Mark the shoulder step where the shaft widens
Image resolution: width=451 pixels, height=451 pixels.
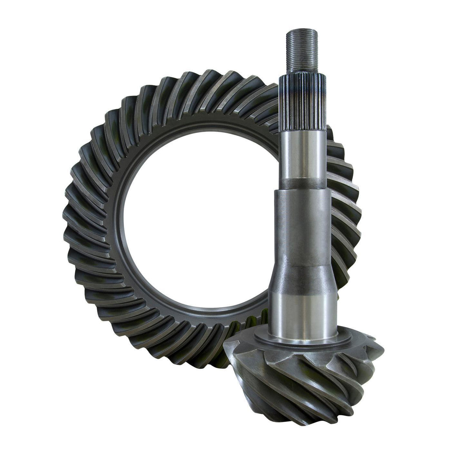(302, 191)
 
